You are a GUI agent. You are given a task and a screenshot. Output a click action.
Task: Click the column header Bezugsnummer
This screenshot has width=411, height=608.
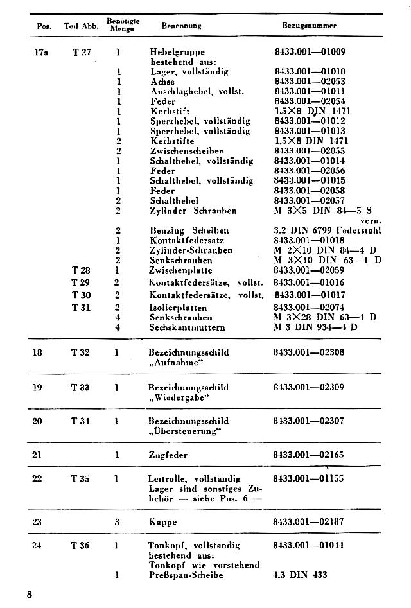point(310,26)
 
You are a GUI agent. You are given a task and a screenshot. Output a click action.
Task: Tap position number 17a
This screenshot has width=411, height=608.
point(40,51)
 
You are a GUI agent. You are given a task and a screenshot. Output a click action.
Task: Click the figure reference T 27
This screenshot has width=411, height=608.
point(82,51)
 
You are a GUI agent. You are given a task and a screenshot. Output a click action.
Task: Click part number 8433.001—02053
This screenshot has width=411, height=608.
point(310,82)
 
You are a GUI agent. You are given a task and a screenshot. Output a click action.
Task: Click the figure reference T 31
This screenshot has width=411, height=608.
point(81,307)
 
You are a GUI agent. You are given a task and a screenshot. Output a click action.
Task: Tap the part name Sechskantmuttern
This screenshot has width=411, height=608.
point(188,327)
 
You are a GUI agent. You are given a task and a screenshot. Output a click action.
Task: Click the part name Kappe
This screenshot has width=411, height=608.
point(162,523)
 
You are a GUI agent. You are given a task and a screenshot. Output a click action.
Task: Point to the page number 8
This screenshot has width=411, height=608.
point(30,595)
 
